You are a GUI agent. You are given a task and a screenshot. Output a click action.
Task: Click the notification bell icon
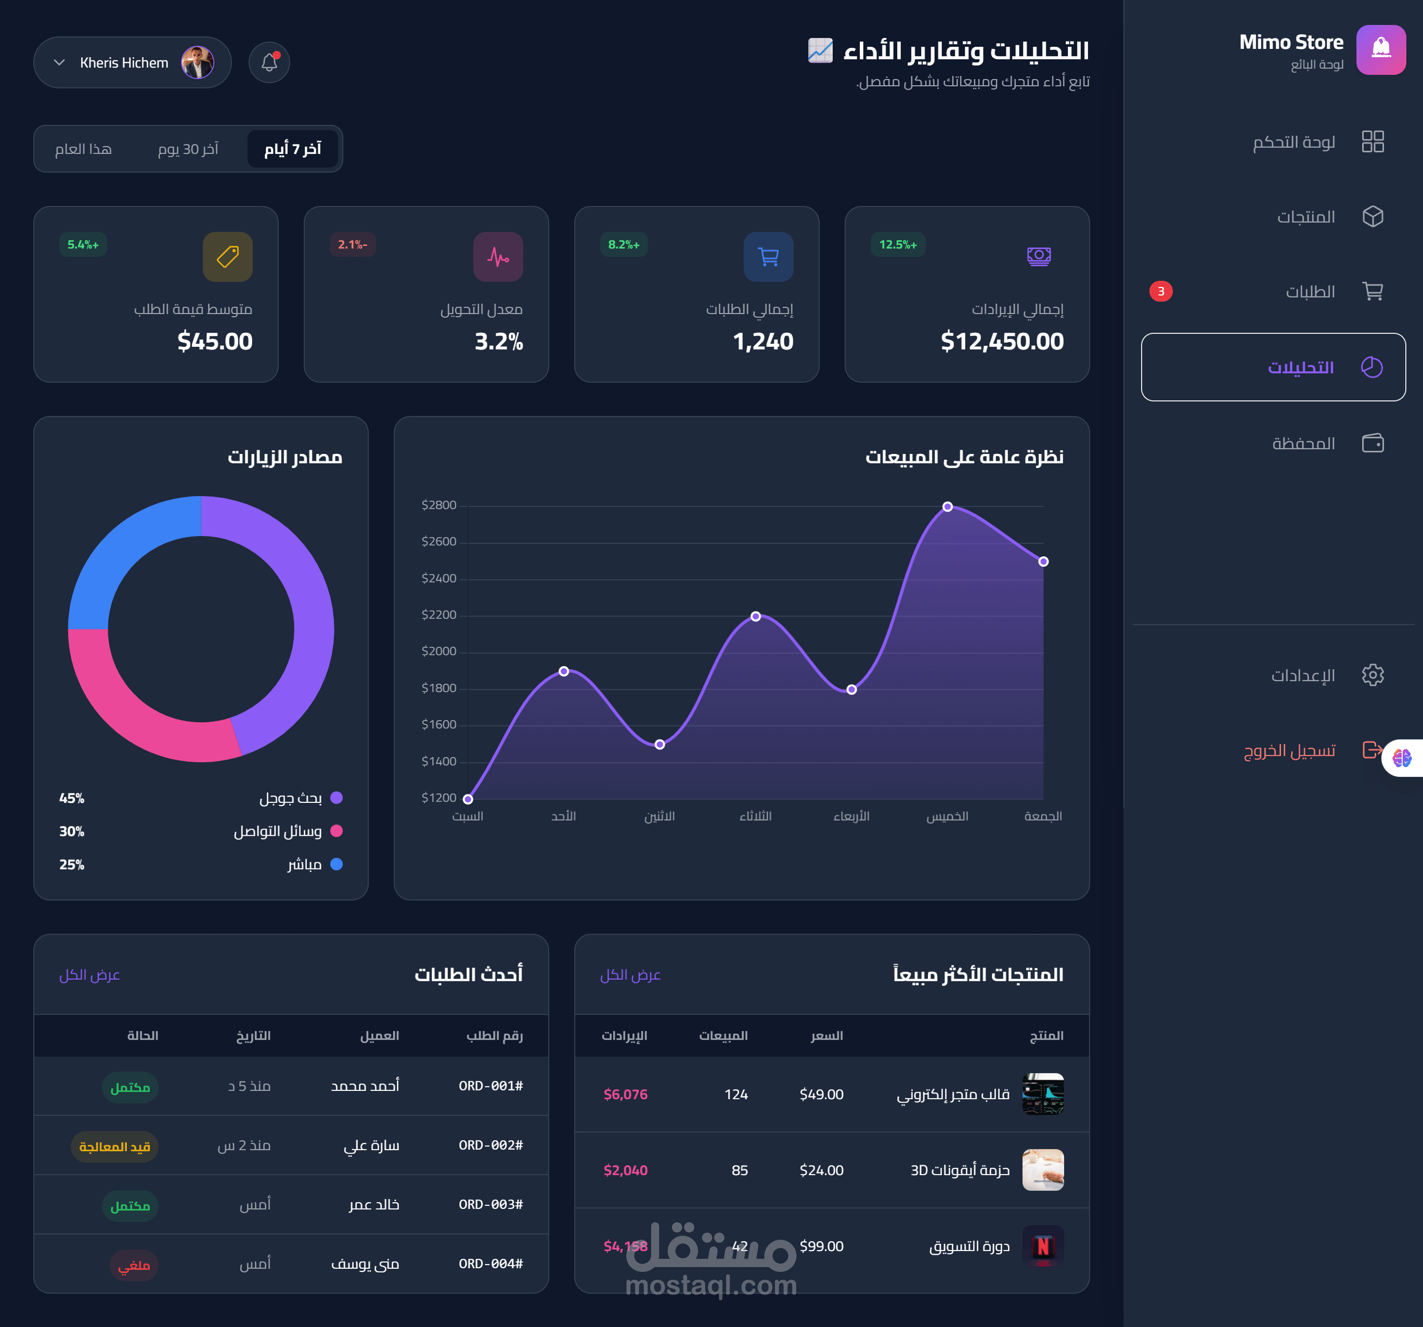269,62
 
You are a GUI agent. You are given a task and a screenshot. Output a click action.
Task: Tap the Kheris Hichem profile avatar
198,62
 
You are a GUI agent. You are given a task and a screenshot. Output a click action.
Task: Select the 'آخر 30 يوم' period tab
188,149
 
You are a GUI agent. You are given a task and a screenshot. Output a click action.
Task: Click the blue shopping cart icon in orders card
768,256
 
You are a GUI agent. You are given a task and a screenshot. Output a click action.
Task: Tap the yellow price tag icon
228,256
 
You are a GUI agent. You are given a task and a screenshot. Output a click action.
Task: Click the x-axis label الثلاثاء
755,816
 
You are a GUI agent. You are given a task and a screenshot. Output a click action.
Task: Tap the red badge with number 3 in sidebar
1160,291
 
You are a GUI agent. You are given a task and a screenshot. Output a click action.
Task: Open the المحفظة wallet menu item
1303,444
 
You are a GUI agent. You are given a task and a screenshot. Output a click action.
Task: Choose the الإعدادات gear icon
1372,675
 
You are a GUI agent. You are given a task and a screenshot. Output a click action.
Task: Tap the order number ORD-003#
490,1205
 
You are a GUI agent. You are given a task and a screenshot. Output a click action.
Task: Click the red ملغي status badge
134,1265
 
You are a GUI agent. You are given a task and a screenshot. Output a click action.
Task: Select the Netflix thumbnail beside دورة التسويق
1042,1246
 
